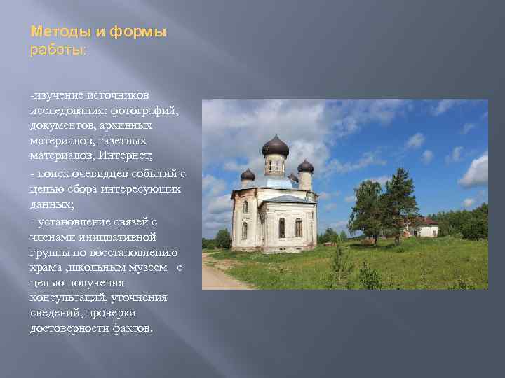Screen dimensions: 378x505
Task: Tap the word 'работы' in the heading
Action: (x=57, y=50)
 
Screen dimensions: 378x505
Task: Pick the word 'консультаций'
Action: (x=67, y=297)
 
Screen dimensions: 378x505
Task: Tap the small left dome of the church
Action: (x=248, y=175)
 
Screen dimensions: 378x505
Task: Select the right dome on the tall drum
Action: (x=306, y=167)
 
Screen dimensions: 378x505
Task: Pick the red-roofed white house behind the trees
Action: (x=424, y=227)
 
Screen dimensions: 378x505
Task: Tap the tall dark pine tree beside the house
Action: (x=399, y=203)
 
